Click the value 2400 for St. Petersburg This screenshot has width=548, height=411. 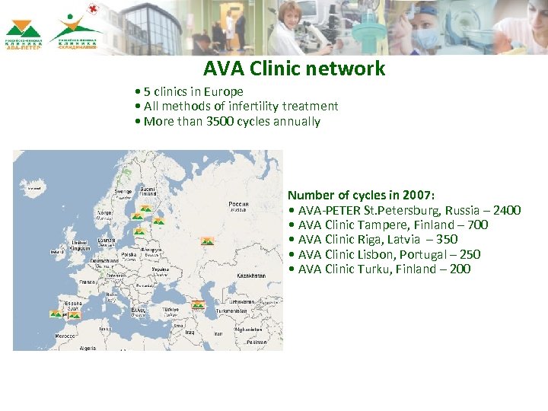[506, 210]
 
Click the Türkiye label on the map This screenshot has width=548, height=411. [170, 310]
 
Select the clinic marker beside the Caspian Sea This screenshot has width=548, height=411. [198, 304]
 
